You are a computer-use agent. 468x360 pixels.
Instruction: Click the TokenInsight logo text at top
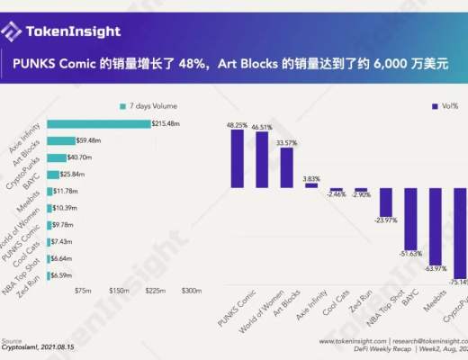72,31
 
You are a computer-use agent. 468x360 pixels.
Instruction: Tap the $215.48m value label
167,123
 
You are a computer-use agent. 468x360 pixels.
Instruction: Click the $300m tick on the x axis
192,291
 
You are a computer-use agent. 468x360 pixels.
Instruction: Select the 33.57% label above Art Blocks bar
286,142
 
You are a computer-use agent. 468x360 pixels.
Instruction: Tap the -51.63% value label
411,253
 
